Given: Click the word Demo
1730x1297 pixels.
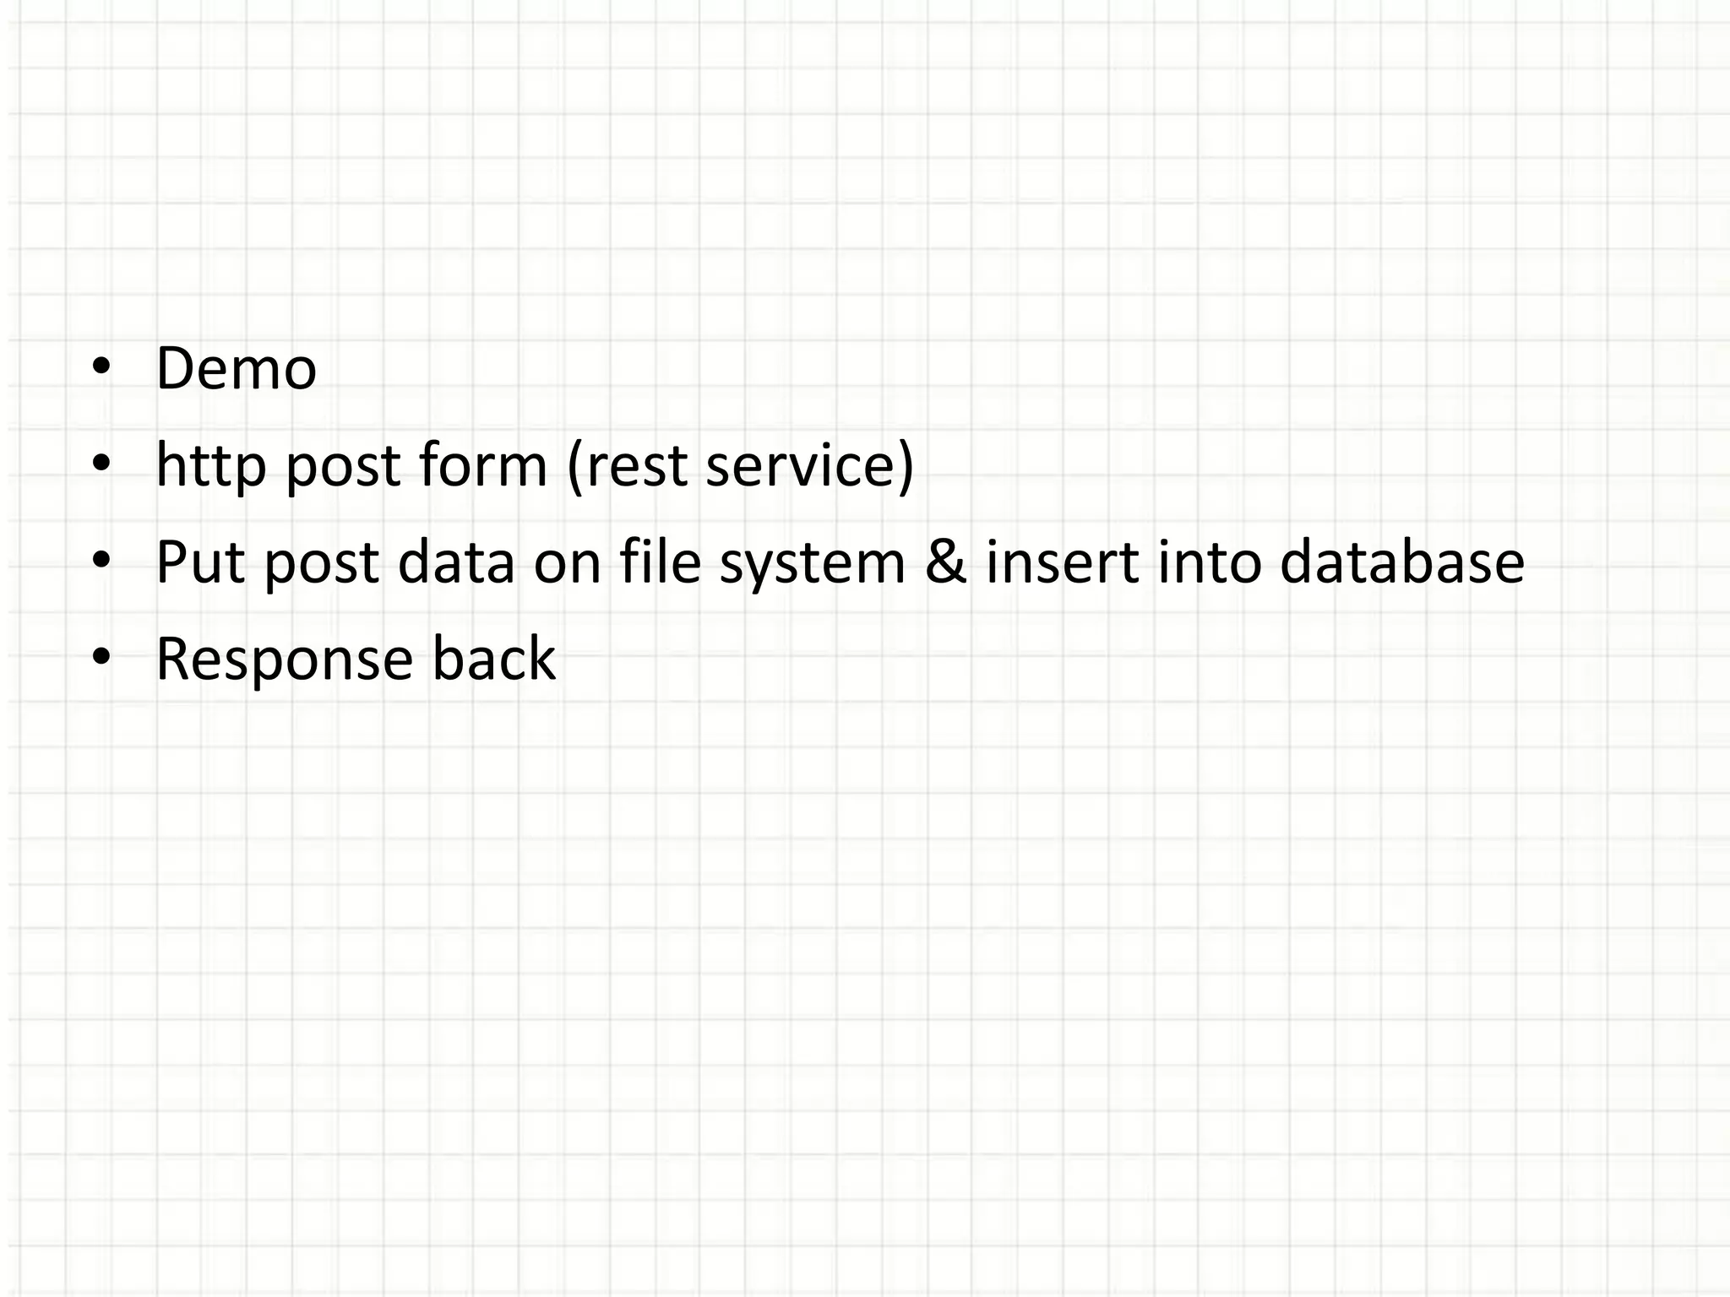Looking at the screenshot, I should pos(236,369).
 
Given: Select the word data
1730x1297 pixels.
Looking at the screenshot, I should pos(455,562).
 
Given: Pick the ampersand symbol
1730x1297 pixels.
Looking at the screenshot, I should pos(945,562).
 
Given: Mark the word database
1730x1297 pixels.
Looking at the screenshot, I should pos(1401,562).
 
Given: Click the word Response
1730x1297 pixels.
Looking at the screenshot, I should pos(285,660).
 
